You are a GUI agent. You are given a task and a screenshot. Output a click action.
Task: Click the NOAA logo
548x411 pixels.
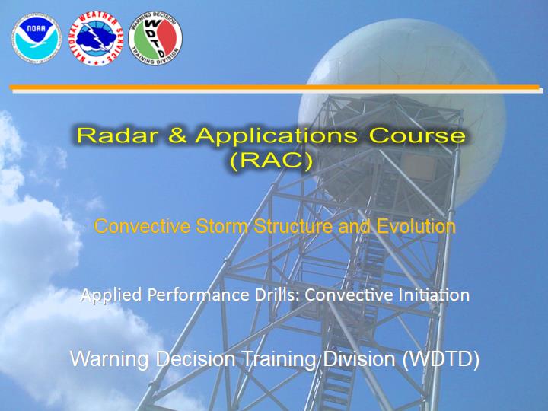coord(37,38)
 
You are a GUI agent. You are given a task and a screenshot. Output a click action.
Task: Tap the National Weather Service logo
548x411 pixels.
coord(96,39)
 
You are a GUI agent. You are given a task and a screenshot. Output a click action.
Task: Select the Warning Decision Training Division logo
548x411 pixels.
coord(155,38)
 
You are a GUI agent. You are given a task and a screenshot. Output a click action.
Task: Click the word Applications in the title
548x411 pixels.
coord(276,137)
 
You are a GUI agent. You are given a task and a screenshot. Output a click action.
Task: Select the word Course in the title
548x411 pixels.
coord(417,135)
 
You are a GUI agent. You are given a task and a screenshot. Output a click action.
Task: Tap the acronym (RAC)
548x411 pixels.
coord(271,161)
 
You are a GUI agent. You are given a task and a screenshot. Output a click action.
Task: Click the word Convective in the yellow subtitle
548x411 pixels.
coord(142,226)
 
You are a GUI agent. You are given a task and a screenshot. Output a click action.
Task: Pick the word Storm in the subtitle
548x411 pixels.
coord(221,226)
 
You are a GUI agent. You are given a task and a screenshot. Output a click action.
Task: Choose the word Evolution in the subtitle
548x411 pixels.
coord(416,226)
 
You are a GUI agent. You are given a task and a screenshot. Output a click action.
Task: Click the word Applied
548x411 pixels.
coord(111,295)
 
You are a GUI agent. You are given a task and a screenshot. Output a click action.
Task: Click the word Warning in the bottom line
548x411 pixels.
coord(110,360)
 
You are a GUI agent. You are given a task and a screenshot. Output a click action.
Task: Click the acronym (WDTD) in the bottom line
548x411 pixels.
coord(441,359)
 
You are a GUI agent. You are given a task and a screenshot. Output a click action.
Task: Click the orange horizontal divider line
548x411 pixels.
coord(274,87)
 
